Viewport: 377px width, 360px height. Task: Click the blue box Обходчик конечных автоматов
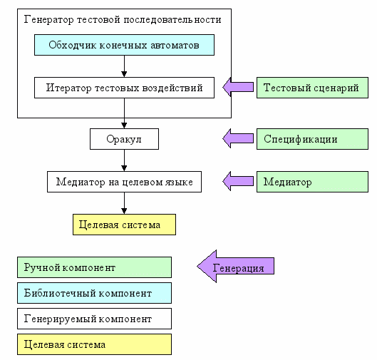coord(124,45)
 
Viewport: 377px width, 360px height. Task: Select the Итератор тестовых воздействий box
coord(124,88)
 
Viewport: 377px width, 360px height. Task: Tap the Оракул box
coord(124,139)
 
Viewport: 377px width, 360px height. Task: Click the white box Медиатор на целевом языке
coord(124,182)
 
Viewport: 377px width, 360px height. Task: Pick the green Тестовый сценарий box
coord(312,88)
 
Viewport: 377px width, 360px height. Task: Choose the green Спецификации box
coord(312,139)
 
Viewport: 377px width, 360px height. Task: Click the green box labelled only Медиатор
coord(312,182)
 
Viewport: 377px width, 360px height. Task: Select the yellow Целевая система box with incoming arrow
coord(124,225)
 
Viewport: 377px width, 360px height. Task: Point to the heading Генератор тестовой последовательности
coord(123,19)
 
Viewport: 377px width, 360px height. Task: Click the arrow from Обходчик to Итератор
coord(124,66)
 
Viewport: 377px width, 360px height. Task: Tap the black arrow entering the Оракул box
coord(124,113)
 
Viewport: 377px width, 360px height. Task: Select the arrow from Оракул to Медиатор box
coord(124,160)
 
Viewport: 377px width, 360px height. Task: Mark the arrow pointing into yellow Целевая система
coord(124,203)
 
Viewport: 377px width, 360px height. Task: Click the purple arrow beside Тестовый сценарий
coord(238,87)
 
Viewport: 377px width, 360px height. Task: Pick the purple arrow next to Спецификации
coord(238,138)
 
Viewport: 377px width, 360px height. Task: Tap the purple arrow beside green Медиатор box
coord(238,181)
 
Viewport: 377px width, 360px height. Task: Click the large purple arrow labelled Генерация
coord(236,266)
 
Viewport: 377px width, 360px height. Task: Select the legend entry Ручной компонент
coord(94,267)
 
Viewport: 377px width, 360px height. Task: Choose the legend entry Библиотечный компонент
coord(94,293)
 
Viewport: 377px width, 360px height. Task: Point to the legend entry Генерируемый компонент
coord(94,319)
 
